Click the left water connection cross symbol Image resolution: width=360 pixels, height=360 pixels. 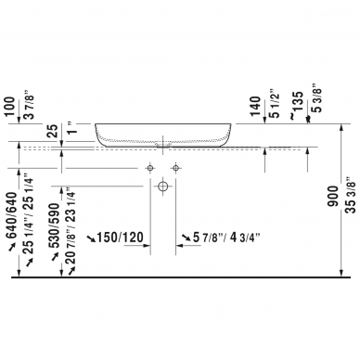(x=148, y=167)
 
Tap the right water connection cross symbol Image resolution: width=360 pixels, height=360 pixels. (x=175, y=167)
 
